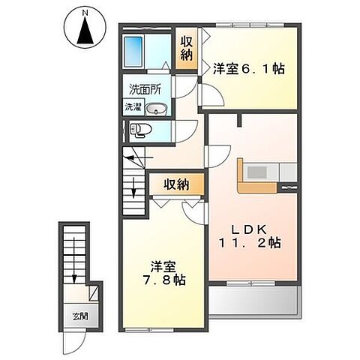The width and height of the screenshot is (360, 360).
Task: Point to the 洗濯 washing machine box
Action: (133, 106)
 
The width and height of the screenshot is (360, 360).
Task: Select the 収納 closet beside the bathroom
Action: (187, 49)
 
